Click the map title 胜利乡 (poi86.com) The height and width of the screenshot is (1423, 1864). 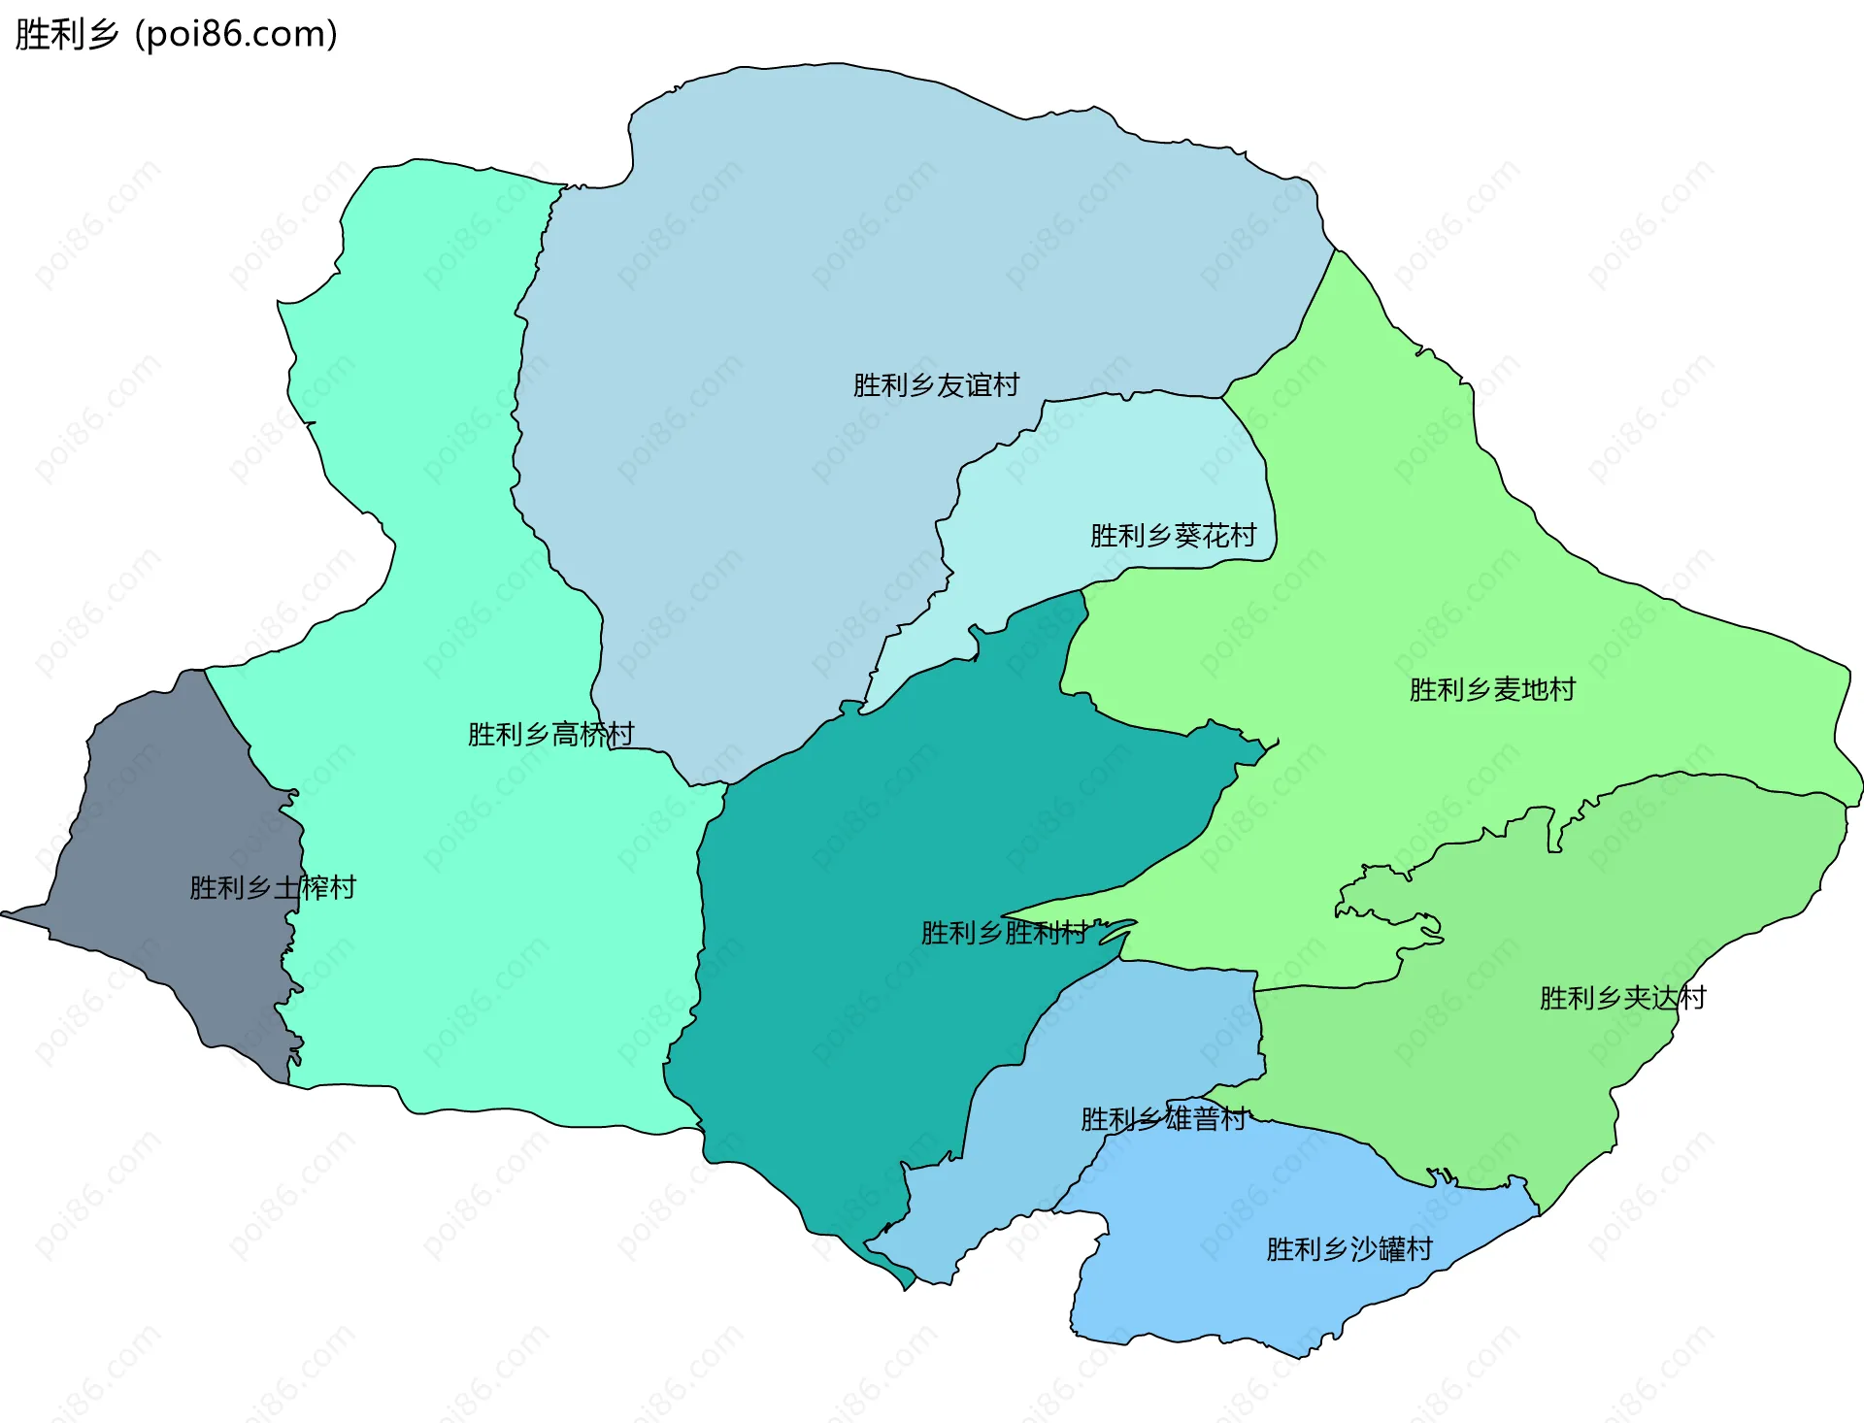(176, 34)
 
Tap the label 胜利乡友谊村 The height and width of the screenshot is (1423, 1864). (936, 385)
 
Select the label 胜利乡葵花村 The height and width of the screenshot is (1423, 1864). (1173, 536)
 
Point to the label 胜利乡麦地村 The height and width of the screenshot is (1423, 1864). (1492, 690)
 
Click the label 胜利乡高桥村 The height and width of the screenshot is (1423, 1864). (550, 734)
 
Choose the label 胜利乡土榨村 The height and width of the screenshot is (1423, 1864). (273, 887)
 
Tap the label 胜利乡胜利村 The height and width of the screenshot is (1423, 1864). (1004, 933)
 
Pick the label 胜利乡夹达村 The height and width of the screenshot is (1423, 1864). (1622, 998)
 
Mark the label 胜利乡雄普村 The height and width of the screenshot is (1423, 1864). (1163, 1119)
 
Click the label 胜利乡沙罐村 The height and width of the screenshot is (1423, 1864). (1349, 1249)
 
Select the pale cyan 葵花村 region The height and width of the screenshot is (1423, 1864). (1116, 466)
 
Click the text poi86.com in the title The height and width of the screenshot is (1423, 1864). (236, 34)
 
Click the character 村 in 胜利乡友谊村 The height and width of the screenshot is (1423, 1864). (1007, 385)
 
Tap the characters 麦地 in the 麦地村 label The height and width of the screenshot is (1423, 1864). (1520, 690)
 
